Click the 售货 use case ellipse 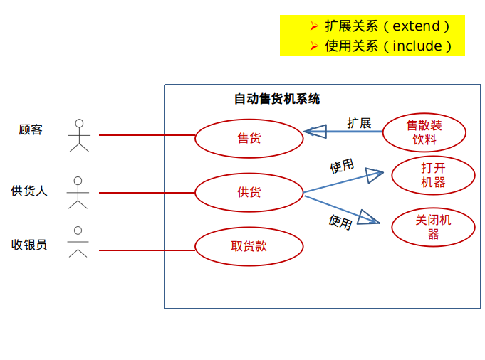249,137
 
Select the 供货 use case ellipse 249,192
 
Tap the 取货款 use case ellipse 249,246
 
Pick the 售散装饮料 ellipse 424,132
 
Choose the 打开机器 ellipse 432,175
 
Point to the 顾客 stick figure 79,135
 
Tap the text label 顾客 31,129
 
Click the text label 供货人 29,191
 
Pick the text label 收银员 29,245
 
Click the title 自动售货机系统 277,99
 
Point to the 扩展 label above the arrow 359,123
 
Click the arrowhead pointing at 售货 311,132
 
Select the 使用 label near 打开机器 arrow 342,166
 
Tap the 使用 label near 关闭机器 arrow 340,222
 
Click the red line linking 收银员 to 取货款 146,250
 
